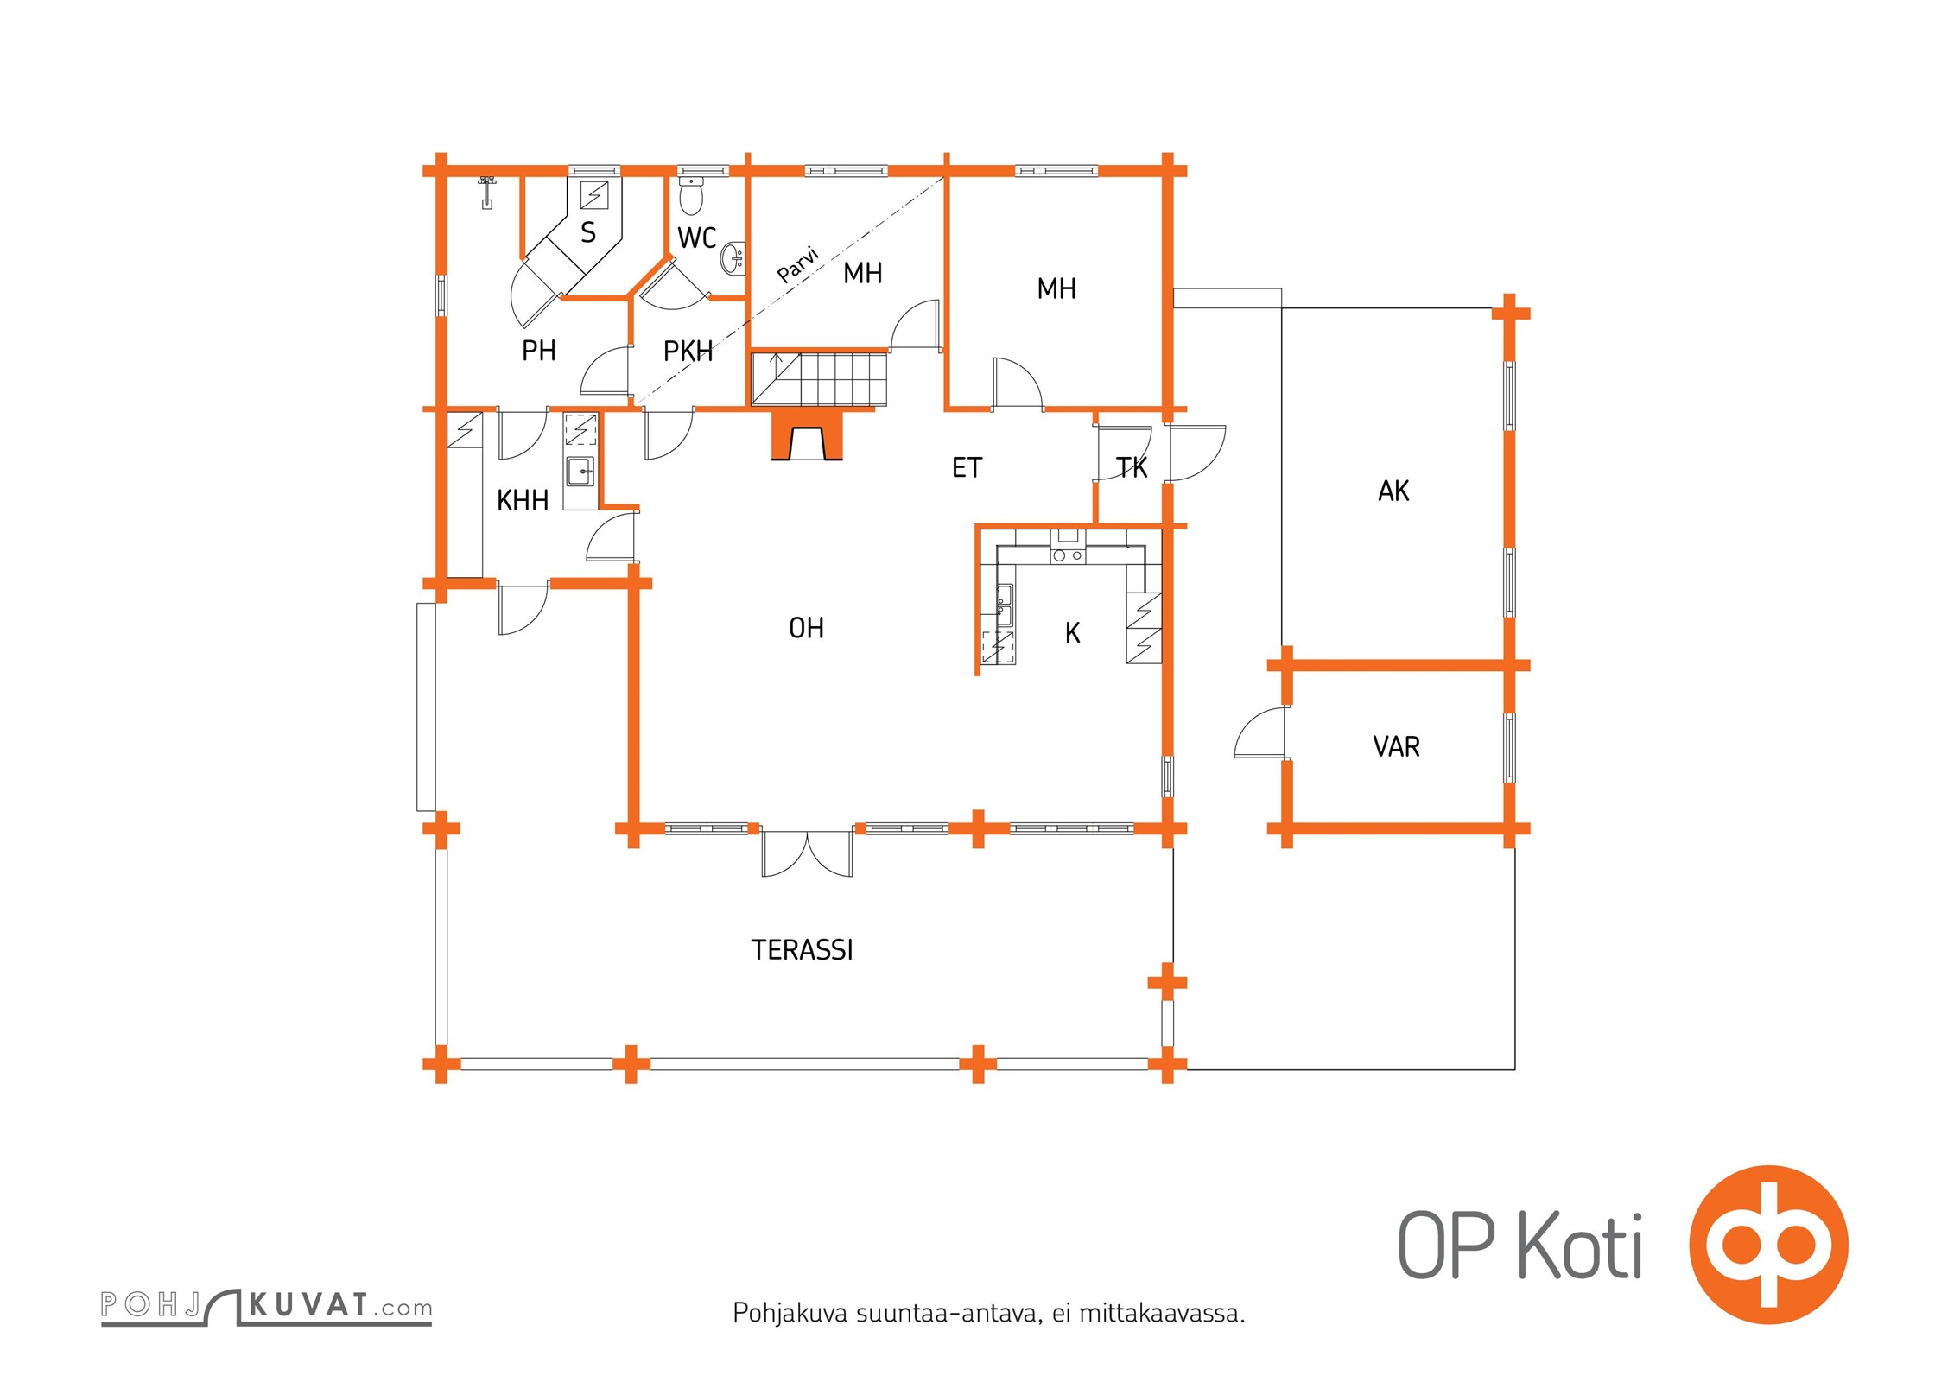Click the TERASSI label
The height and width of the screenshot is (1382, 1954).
click(802, 950)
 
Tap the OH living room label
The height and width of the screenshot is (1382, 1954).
click(806, 628)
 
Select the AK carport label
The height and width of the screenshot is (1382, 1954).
click(1393, 491)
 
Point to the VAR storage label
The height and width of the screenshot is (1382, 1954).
click(1396, 746)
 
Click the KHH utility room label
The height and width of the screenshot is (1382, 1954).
click(523, 500)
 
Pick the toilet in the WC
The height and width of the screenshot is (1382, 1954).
click(691, 195)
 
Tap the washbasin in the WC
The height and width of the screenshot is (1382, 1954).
click(734, 257)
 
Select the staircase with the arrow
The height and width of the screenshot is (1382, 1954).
click(819, 378)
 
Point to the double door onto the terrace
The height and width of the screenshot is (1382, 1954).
click(807, 854)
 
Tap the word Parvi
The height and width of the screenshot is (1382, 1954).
click(797, 265)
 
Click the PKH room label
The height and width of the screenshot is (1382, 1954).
click(688, 352)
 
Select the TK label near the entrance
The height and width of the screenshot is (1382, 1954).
click(1132, 468)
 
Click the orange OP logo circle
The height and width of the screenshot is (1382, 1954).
click(1768, 1245)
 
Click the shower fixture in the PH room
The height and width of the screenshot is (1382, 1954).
click(487, 193)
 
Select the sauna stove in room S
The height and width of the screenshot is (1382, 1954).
click(594, 195)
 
